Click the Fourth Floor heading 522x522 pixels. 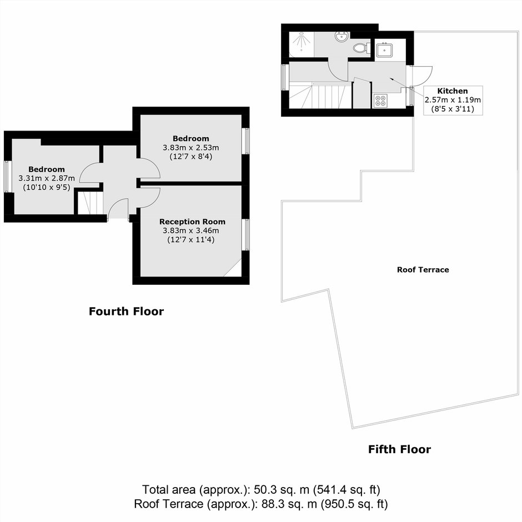[x=126, y=312]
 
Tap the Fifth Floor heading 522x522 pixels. [x=399, y=449]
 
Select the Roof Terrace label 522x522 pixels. [x=423, y=270]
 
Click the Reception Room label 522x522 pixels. [x=192, y=222]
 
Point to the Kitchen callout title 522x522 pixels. [x=453, y=91]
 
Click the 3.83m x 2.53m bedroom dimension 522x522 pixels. [x=191, y=148]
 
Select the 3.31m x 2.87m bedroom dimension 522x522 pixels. [x=47, y=178]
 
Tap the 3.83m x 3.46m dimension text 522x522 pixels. [x=191, y=230]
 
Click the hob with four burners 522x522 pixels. [x=380, y=101]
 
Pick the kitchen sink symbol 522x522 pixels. [x=384, y=51]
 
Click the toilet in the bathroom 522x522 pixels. [x=361, y=48]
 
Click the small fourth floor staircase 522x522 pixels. [x=90, y=202]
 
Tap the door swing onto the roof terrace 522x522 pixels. [x=422, y=76]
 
